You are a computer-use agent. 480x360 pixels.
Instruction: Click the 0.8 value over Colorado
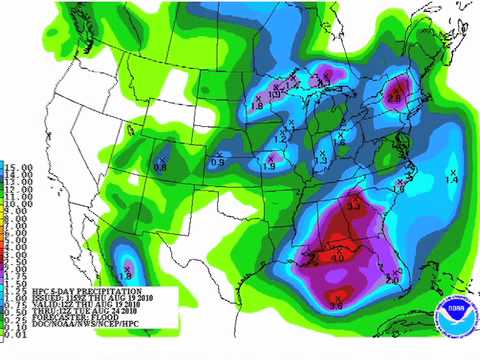click(160, 166)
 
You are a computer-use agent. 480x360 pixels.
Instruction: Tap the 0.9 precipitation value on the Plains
click(218, 162)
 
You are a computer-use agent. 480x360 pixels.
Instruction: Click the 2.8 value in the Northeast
click(394, 98)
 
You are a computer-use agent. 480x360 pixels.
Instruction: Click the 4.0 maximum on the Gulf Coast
click(337, 258)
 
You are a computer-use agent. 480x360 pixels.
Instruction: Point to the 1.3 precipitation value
click(321, 160)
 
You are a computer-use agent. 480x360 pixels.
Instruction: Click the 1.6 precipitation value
click(400, 187)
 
